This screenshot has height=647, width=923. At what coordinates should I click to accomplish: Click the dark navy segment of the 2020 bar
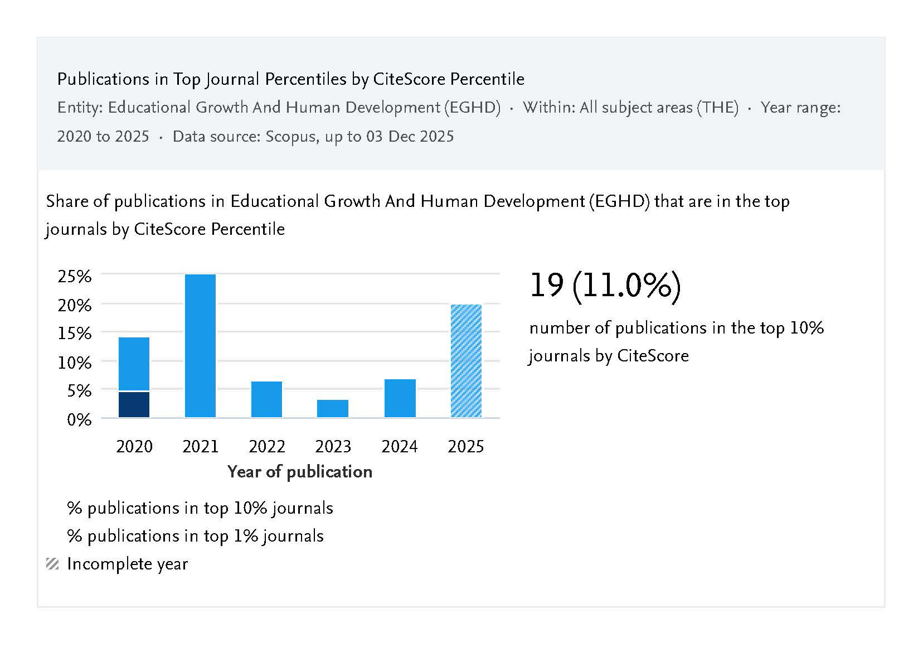134,404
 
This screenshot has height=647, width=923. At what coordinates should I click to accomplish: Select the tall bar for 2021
200,346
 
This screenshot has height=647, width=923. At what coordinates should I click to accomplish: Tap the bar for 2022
266,399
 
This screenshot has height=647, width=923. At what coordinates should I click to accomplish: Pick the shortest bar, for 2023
333,408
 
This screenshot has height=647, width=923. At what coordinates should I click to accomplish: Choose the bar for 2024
400,398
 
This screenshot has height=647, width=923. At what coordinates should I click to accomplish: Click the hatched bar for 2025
466,361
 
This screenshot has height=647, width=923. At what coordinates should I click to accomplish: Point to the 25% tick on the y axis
75,276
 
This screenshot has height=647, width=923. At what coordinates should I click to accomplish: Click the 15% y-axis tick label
75,334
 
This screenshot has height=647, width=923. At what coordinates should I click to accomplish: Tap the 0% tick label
79,419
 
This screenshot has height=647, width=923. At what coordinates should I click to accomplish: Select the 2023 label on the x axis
333,447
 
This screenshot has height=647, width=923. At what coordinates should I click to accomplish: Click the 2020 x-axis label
134,447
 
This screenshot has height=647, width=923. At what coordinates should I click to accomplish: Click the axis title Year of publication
300,472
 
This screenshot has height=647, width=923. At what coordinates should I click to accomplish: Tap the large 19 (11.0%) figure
605,286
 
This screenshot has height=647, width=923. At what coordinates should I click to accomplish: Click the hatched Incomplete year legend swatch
52,564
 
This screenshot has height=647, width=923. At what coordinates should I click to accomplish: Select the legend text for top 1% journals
195,536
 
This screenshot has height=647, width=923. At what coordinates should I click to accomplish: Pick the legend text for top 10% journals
200,508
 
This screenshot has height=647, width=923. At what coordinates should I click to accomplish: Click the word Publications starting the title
95,79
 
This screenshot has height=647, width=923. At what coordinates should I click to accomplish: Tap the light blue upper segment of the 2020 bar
134,364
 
